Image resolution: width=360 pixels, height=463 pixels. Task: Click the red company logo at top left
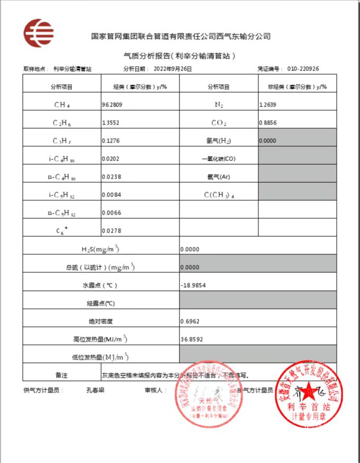38,32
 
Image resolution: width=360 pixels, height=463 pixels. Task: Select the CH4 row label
62,105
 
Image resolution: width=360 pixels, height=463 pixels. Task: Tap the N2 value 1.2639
268,105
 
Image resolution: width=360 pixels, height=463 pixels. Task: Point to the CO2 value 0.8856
268,123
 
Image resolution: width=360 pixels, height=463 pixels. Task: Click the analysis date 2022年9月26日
173,69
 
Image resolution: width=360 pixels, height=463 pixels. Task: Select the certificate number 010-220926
303,69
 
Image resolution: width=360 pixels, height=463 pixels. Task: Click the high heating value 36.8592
191,339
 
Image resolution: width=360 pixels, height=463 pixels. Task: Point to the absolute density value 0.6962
190,321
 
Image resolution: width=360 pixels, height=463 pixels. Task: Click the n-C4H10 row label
62,177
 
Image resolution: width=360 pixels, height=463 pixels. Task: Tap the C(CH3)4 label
219,195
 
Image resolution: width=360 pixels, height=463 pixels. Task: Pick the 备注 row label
62,375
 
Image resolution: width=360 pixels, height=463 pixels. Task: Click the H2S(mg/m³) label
101,250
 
